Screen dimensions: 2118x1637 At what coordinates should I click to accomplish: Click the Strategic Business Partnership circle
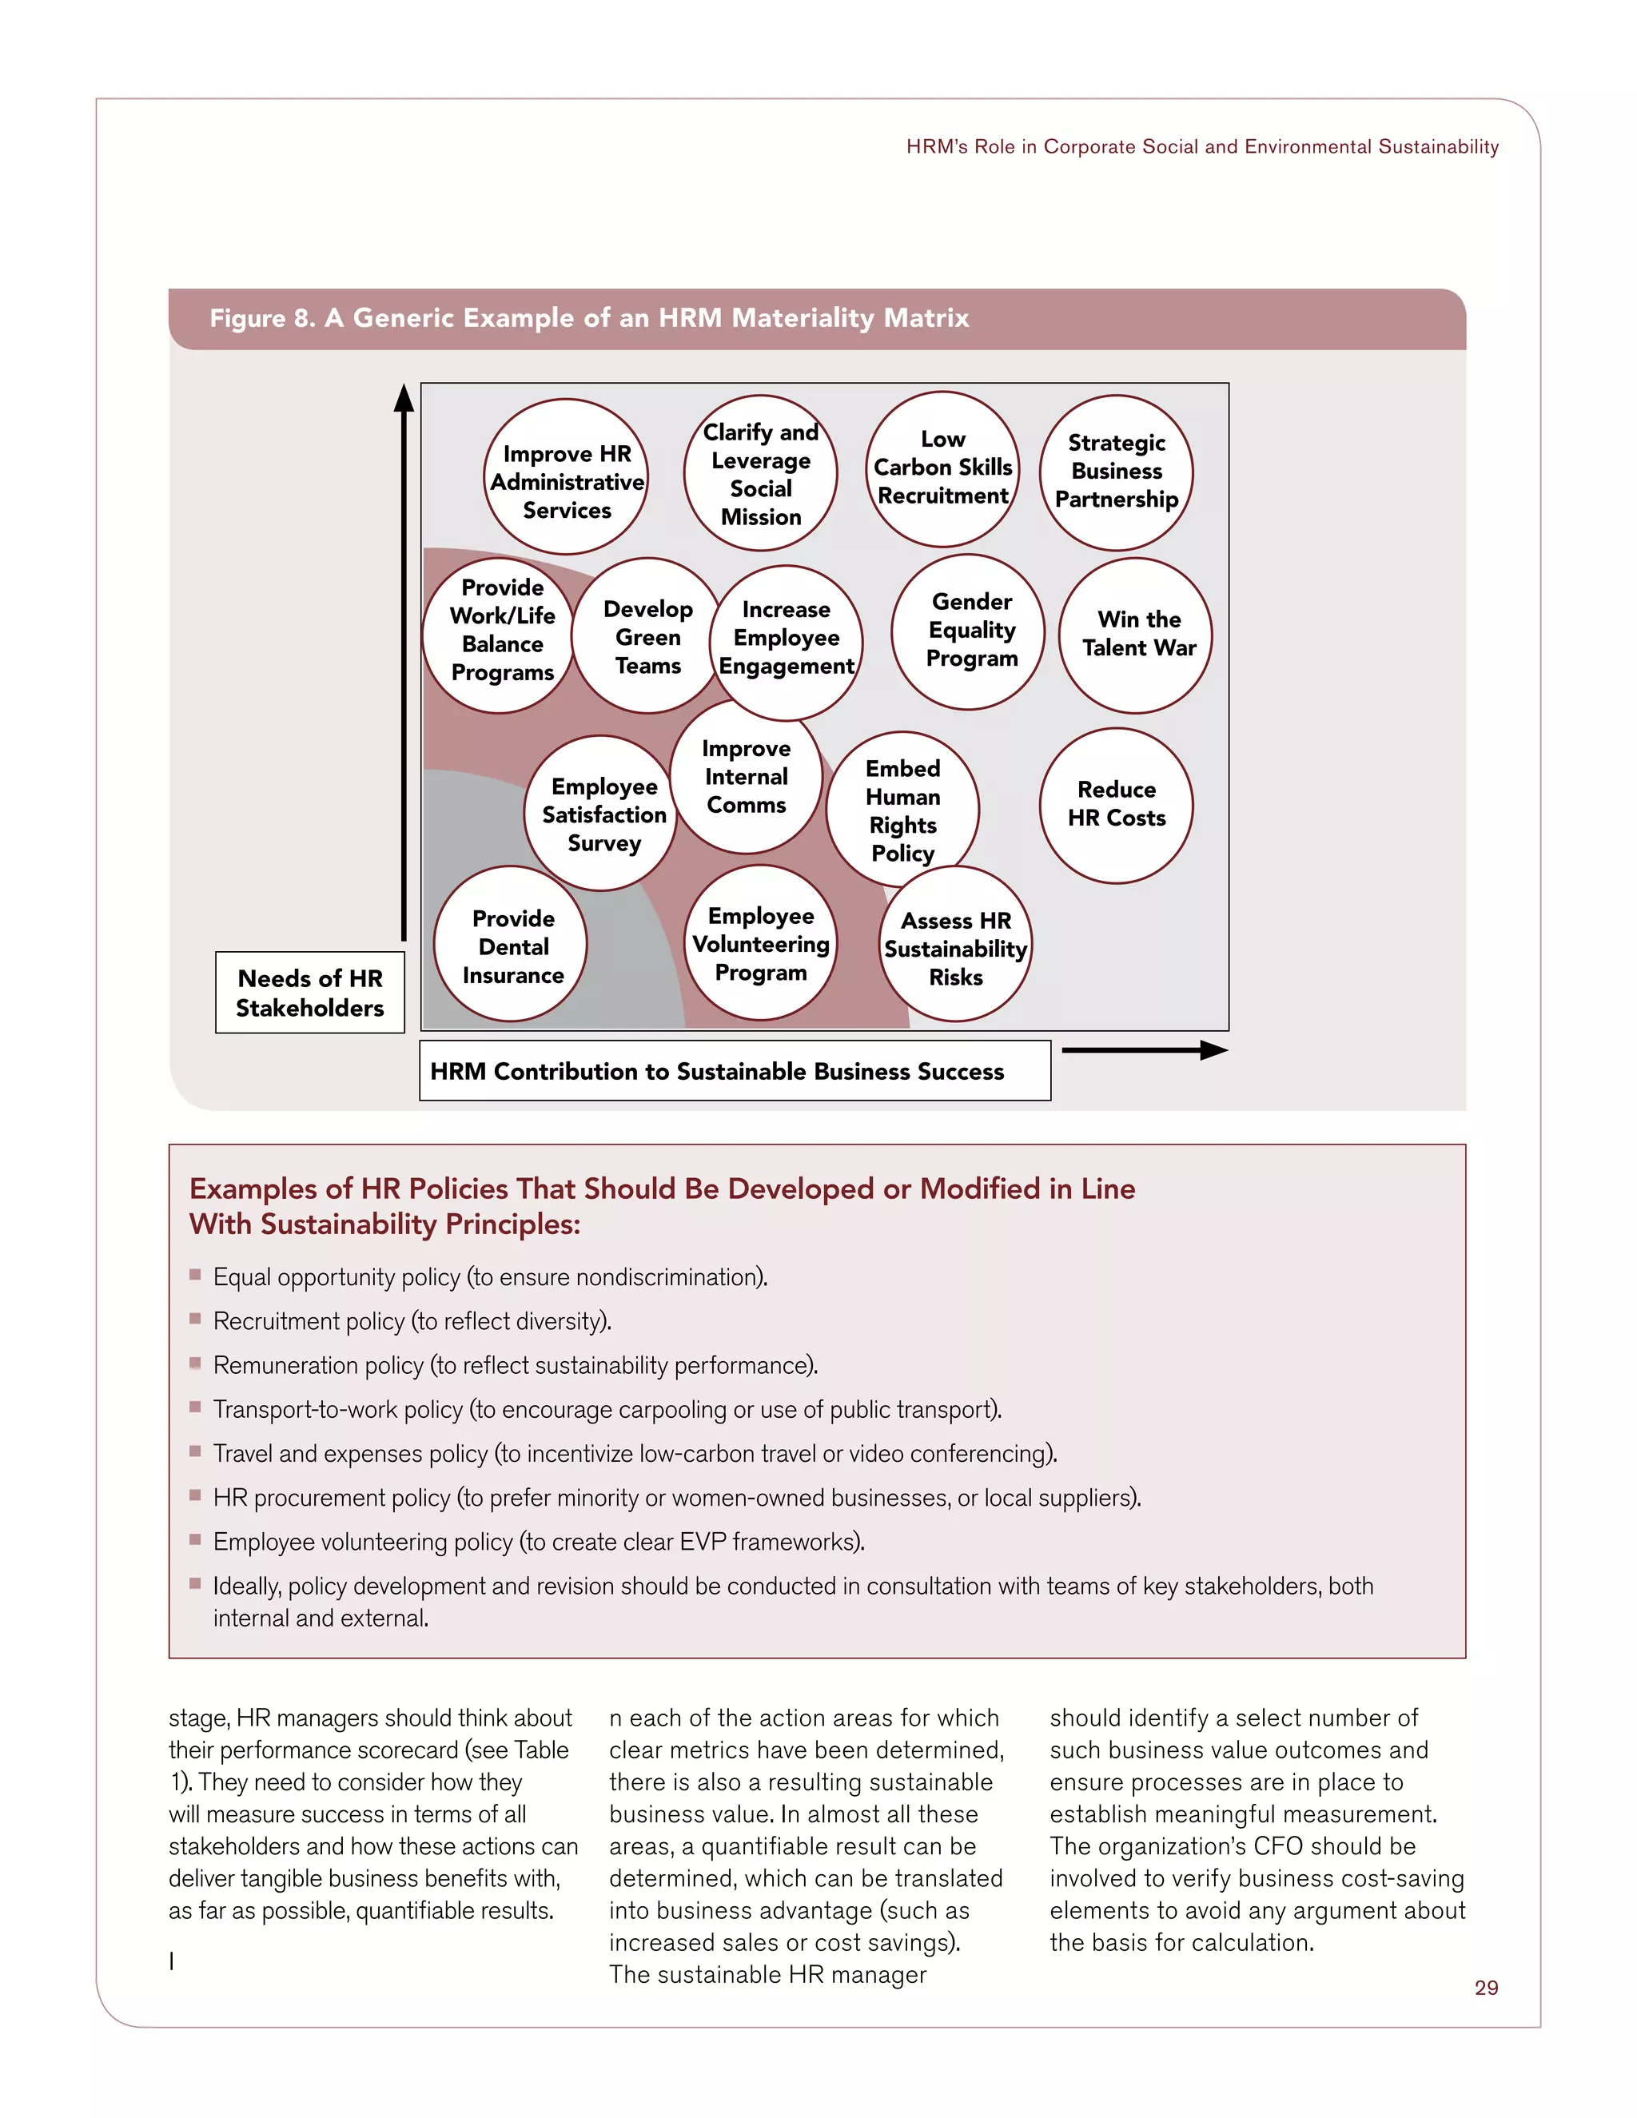[1115, 472]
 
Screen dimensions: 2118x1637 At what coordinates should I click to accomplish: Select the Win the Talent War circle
[1137, 635]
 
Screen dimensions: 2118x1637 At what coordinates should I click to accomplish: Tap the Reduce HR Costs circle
[1115, 805]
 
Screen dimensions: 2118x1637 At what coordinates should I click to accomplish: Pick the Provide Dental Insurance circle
[511, 946]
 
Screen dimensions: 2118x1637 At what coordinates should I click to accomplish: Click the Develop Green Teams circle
[647, 637]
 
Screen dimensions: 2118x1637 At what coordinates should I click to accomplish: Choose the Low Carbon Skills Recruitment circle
[942, 468]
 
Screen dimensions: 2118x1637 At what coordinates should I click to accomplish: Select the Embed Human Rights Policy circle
[902, 810]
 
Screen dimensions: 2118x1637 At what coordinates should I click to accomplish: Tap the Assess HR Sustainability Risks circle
[955, 947]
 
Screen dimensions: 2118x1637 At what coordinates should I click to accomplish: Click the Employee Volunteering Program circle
[760, 944]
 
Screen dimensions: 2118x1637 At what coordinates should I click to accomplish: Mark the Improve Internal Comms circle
[746, 777]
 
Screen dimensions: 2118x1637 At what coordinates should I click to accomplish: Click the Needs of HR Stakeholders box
[309, 993]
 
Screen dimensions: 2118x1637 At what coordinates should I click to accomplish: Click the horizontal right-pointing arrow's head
[1214, 1049]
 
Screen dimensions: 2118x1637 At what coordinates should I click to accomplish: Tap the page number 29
[1486, 1987]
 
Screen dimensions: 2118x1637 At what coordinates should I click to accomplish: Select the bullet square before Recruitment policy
[195, 1319]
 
